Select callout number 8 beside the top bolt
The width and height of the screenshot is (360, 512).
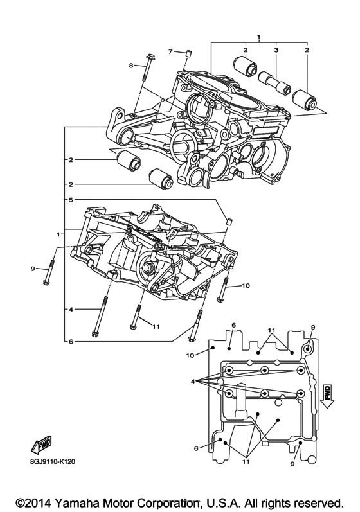pyautogui.click(x=130, y=66)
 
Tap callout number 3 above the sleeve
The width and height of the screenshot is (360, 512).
pyautogui.click(x=276, y=50)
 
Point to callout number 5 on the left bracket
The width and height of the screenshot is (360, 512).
pyautogui.click(x=72, y=200)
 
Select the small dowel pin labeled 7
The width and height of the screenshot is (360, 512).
pyautogui.click(x=189, y=52)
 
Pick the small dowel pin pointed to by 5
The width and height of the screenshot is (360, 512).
pyautogui.click(x=227, y=222)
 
